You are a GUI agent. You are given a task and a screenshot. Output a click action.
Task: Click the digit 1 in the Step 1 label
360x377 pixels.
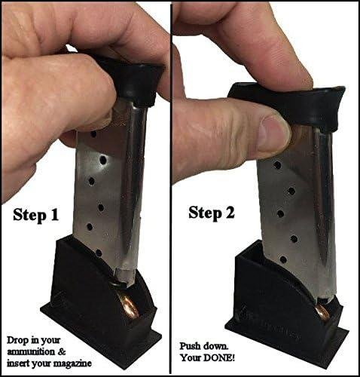[x=54, y=215]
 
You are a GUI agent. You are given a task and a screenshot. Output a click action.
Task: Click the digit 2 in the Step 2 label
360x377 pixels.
[x=229, y=213]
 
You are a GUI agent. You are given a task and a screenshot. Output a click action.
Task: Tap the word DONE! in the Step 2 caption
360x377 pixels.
[x=219, y=357]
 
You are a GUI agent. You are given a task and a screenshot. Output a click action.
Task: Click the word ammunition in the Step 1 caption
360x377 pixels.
[x=31, y=351]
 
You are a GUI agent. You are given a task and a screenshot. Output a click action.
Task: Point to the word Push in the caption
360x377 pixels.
[x=191, y=346]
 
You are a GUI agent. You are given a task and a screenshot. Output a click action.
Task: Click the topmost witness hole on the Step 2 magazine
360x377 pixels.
[x=277, y=165]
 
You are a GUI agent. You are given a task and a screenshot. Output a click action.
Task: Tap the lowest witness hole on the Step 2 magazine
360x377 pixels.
[x=283, y=259]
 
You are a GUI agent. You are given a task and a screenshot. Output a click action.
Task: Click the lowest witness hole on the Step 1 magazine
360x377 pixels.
[x=99, y=253]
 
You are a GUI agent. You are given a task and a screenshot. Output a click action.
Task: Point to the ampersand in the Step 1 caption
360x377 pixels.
[x=62, y=351]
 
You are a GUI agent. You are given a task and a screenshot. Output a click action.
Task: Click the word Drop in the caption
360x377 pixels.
[x=17, y=341]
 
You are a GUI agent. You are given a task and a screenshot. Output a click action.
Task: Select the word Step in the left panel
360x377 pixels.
[x=29, y=216]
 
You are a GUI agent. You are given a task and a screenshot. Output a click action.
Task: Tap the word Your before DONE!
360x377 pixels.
[x=191, y=357]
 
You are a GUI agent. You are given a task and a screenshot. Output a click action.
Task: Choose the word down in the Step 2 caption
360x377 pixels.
[x=216, y=346]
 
